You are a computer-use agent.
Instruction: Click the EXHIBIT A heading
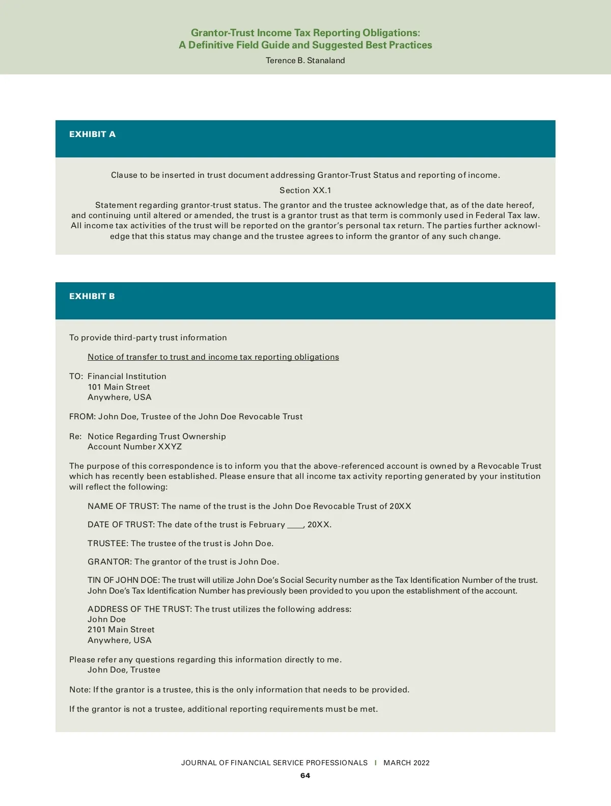(92, 135)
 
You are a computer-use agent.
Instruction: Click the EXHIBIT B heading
(92, 297)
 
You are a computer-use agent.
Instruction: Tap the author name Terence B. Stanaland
(305, 61)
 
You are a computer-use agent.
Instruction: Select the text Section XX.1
(305, 191)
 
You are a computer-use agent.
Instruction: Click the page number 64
(305, 775)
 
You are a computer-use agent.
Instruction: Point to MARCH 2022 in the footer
(406, 763)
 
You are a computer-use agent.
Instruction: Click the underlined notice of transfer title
(213, 357)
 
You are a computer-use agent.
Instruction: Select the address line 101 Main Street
(119, 387)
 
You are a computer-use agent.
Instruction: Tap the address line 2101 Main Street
(121, 630)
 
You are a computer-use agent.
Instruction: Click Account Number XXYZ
(134, 447)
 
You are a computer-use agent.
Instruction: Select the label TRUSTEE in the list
(107, 544)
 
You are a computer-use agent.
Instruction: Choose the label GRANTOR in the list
(109, 562)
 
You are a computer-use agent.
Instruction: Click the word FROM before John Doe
(81, 417)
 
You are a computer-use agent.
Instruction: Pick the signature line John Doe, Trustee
(124, 670)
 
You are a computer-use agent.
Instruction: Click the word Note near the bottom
(79, 690)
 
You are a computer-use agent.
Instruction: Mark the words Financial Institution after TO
(127, 377)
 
